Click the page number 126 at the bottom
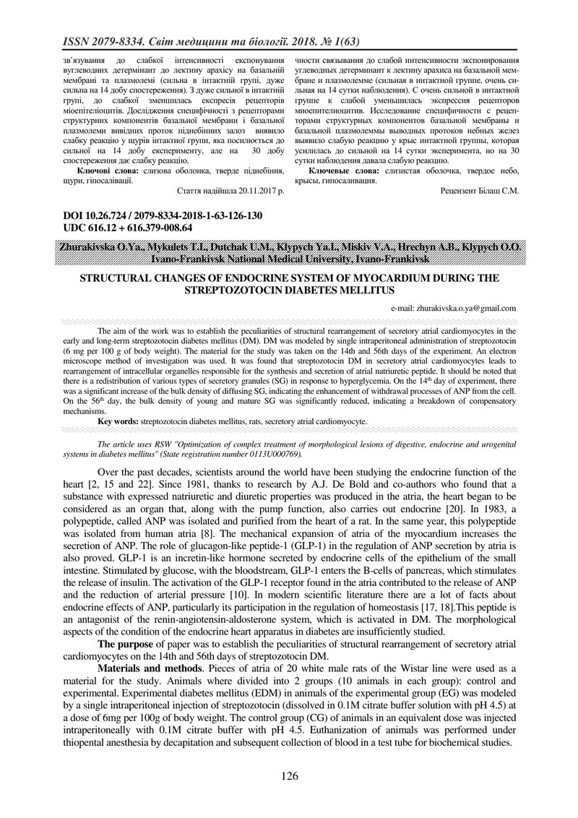click(x=289, y=776)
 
